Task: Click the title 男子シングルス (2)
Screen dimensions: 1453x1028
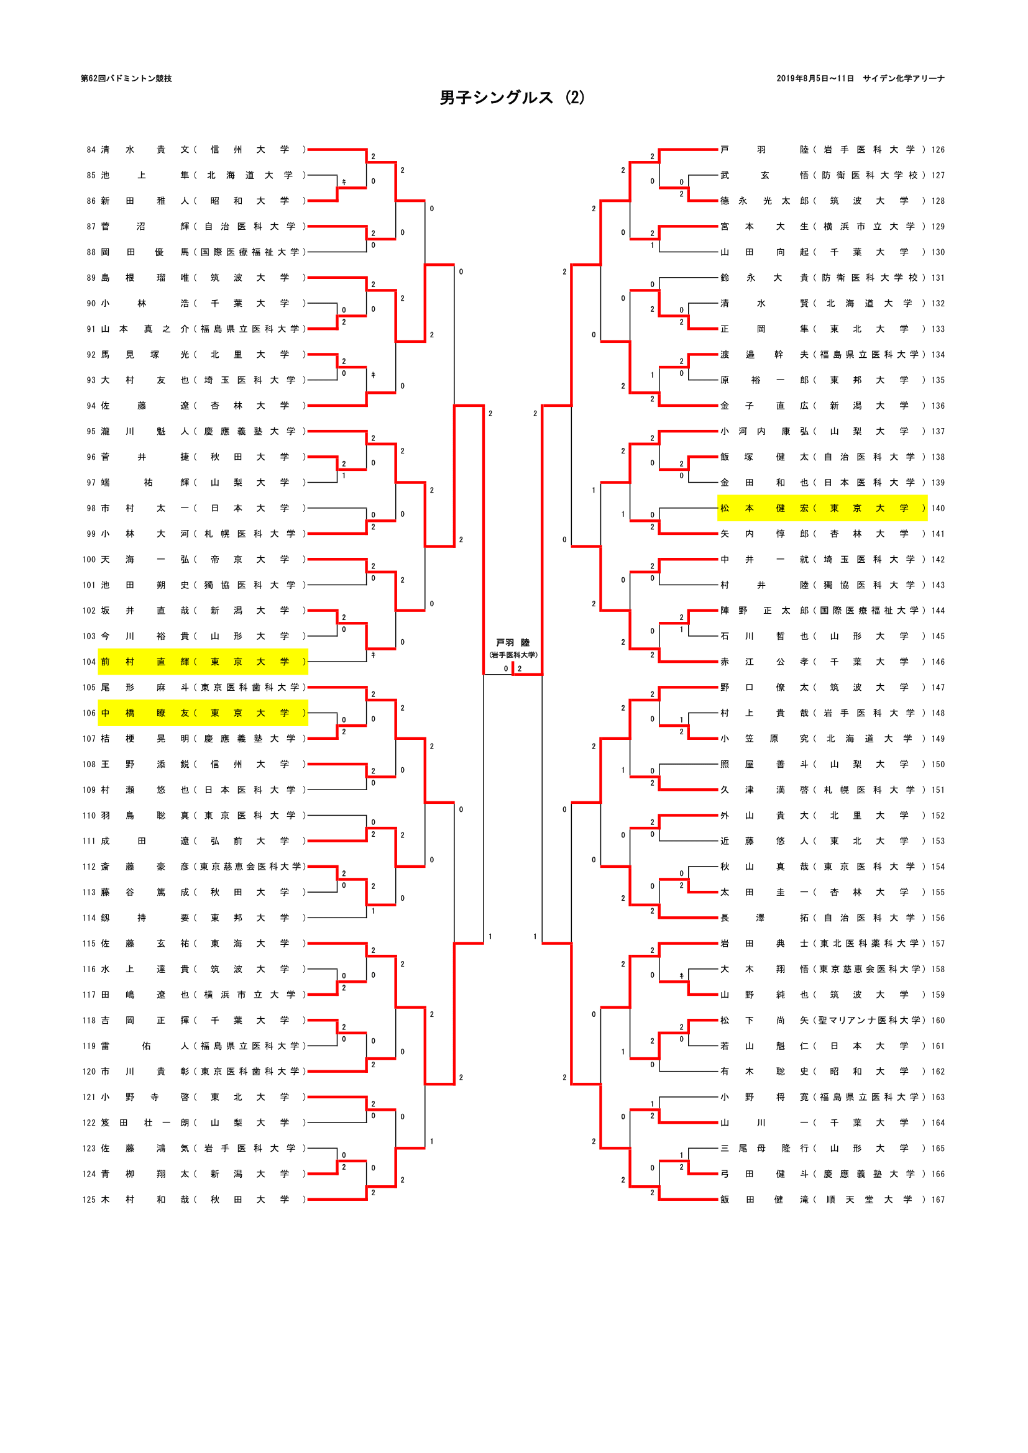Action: click(512, 98)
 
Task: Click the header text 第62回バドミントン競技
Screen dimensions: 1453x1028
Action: click(126, 78)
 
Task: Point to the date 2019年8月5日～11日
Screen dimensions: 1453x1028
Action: click(815, 78)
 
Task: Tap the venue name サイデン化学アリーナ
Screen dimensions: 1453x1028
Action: click(903, 78)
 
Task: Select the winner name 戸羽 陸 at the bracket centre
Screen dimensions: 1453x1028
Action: click(513, 642)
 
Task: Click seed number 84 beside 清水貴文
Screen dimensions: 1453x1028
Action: click(91, 150)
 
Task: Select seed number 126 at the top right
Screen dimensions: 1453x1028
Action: click(937, 150)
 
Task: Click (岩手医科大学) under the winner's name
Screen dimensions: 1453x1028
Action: click(513, 655)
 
